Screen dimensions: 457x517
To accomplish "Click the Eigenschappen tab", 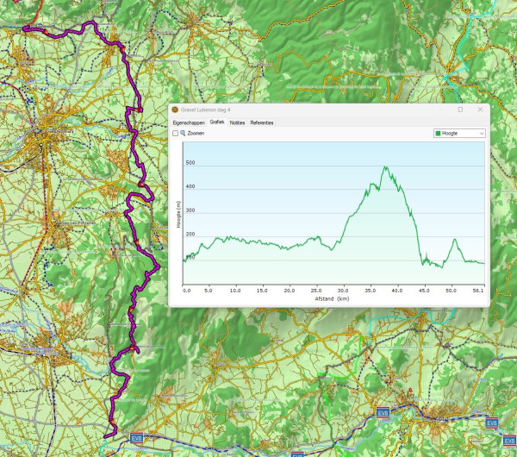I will (x=188, y=122).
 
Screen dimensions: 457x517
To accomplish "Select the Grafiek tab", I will (x=217, y=122).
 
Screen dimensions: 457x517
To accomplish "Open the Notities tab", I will (x=237, y=122).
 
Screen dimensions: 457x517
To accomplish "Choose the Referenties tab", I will (x=262, y=122).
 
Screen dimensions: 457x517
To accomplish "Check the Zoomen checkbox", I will (x=176, y=134).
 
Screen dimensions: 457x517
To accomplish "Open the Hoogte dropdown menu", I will (x=459, y=134).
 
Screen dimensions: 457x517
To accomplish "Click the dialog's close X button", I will (x=480, y=110).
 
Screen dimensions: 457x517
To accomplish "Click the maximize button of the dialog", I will (x=460, y=110).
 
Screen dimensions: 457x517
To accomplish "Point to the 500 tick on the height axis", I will (x=190, y=163).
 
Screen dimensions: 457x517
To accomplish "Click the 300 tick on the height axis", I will (x=190, y=210).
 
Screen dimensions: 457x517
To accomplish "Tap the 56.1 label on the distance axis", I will (x=479, y=291).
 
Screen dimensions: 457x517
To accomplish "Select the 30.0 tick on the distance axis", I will (x=343, y=291).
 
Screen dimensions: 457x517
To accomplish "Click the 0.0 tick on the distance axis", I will (x=186, y=291).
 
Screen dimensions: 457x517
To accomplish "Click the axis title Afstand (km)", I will (x=332, y=299).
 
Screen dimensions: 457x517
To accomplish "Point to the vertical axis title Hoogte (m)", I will (x=178, y=214).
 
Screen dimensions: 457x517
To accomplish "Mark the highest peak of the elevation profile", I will (x=384, y=167).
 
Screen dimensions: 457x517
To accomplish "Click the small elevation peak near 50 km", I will (x=453, y=239).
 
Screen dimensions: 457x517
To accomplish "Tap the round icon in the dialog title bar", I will (x=175, y=110).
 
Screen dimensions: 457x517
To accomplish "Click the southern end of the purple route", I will (x=106, y=436).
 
